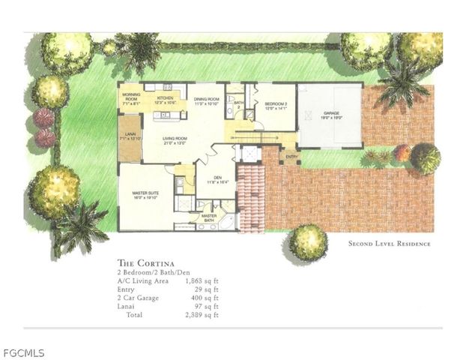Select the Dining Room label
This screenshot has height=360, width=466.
206,100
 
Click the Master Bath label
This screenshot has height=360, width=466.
208,217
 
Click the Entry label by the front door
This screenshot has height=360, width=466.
291,157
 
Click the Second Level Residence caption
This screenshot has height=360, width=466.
388,244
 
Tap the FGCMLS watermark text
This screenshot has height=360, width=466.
22,352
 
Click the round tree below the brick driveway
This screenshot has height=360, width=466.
308,243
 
